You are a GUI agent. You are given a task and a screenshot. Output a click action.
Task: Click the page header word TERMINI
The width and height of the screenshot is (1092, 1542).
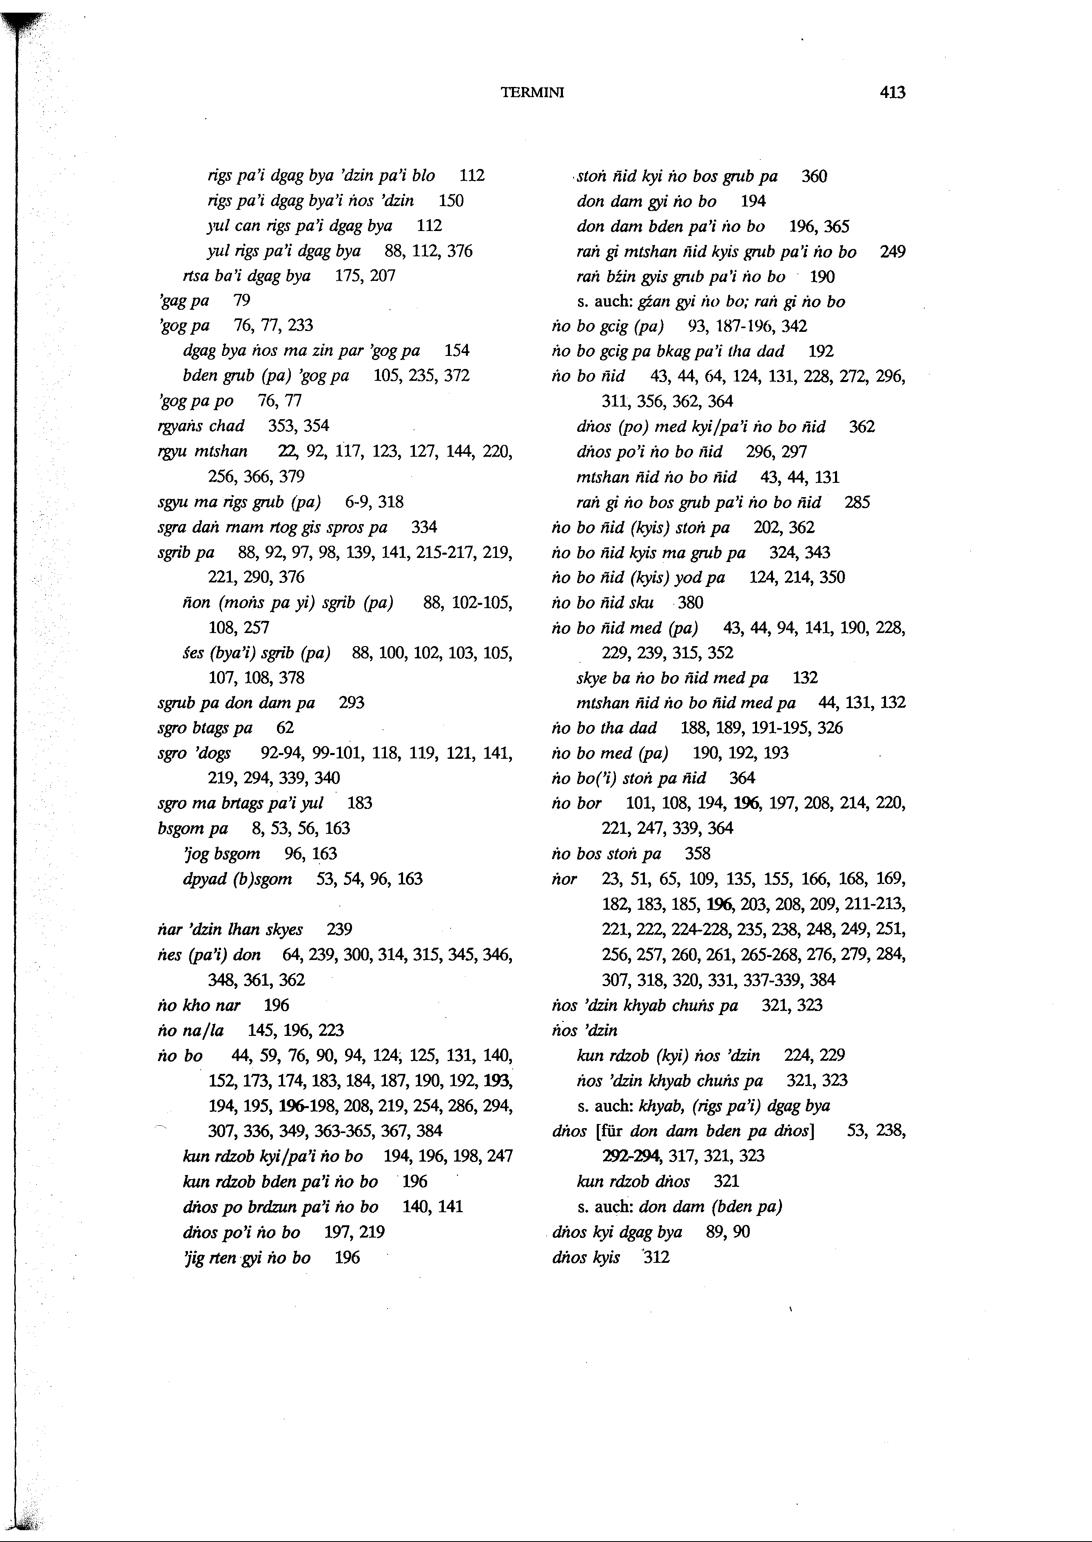(x=532, y=93)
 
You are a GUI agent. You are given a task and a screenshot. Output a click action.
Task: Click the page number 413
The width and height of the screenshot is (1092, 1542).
(x=892, y=93)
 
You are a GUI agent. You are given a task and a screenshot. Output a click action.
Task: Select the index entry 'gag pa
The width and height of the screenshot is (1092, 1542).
(x=183, y=301)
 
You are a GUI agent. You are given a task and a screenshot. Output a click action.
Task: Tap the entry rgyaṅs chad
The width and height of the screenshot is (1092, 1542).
(x=200, y=426)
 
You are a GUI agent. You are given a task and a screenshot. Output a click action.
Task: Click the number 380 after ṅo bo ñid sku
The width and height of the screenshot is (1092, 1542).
(x=691, y=603)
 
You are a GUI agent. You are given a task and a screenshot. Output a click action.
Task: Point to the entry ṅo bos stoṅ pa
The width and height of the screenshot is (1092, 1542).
(x=606, y=854)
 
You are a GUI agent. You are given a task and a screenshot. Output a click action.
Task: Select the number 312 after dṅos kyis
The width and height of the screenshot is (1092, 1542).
(x=657, y=1258)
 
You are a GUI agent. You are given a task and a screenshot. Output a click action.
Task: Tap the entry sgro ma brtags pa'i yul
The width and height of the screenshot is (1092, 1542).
(x=240, y=803)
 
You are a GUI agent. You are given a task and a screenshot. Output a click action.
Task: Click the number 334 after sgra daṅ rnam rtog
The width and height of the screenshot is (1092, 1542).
(x=423, y=527)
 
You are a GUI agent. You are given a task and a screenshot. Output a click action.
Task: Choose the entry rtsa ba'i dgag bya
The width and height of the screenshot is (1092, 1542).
(x=246, y=276)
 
